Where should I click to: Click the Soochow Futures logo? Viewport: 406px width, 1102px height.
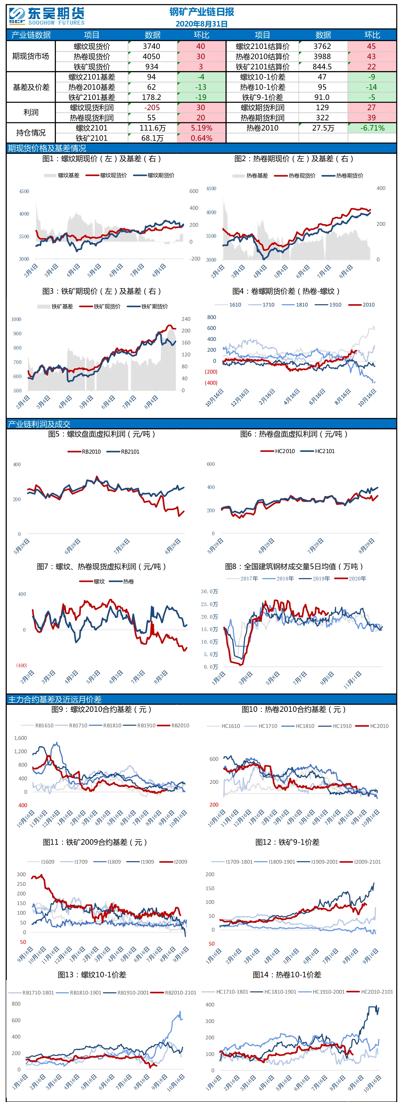(47, 17)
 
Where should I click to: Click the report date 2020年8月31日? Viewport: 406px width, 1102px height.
(201, 24)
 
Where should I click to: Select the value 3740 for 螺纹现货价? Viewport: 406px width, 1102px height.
(152, 46)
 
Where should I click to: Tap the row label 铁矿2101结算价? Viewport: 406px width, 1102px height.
(262, 67)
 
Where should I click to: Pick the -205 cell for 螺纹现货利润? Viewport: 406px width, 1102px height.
(152, 108)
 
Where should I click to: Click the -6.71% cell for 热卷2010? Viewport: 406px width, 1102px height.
(372, 128)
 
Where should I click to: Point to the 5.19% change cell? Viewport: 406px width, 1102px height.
(201, 128)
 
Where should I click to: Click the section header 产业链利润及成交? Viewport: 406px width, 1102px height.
(39, 424)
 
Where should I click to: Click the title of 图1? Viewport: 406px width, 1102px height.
(101, 159)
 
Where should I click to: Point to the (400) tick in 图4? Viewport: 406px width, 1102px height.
(211, 383)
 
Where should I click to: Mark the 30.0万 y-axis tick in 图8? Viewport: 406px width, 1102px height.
(209, 592)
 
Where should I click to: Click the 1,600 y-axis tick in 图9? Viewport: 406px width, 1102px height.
(20, 738)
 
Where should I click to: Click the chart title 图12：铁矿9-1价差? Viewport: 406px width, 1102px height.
(287, 842)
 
